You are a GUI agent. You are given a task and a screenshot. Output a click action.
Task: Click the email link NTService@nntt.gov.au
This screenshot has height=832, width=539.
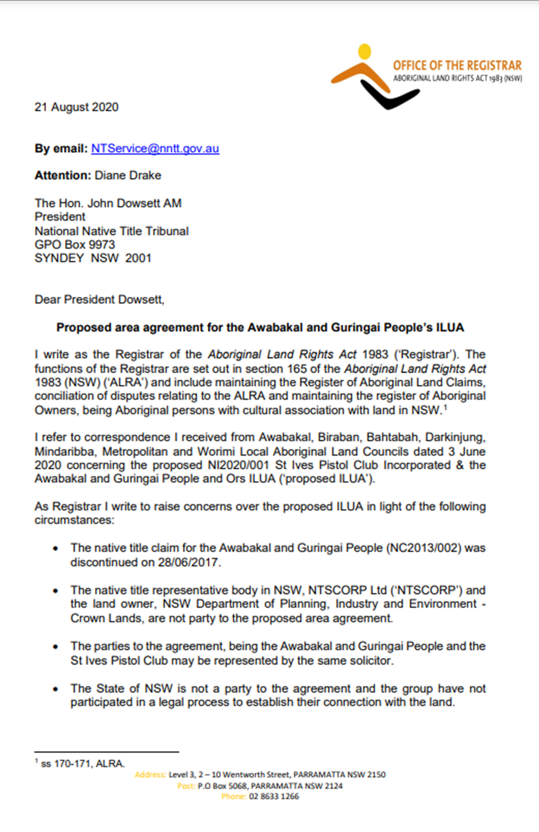click(x=155, y=148)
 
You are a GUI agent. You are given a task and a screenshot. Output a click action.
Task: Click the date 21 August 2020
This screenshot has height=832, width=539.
click(x=77, y=107)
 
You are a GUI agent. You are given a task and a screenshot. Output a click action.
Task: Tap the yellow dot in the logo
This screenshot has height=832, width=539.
click(x=364, y=51)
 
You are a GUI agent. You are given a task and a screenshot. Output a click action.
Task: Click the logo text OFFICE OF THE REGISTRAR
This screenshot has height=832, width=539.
click(x=457, y=65)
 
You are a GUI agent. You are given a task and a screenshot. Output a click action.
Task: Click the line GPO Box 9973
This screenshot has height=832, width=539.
click(x=74, y=245)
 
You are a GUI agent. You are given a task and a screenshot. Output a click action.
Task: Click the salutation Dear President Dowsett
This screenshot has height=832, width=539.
click(x=99, y=300)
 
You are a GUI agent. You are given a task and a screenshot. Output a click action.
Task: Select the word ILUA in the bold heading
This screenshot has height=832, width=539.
click(x=450, y=327)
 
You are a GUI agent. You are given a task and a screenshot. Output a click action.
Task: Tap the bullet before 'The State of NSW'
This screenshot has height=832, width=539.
click(x=55, y=689)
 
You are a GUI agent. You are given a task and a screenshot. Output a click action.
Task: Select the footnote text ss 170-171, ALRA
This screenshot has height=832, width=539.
click(x=82, y=764)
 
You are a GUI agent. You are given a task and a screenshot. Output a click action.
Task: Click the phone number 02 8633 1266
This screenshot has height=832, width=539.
click(x=274, y=796)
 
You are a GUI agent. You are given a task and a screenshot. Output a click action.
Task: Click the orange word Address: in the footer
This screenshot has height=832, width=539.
click(x=150, y=775)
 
